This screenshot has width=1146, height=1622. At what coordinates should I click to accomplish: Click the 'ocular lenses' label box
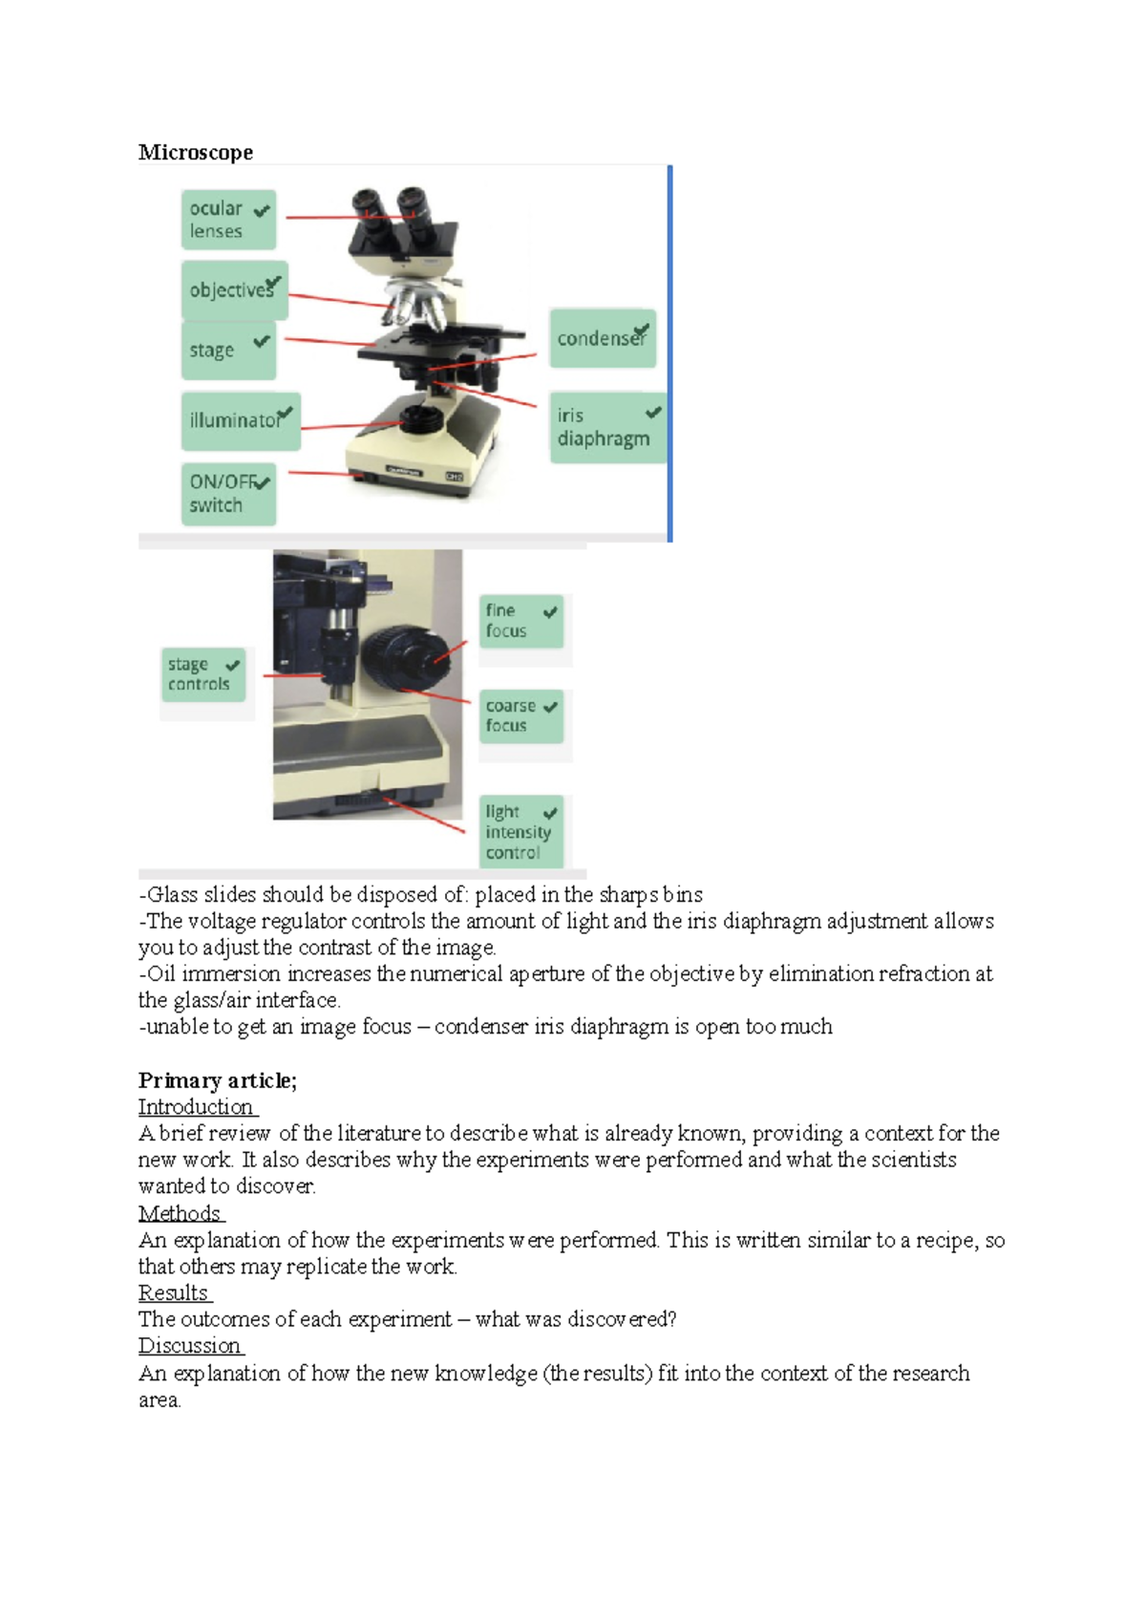pyautogui.click(x=228, y=220)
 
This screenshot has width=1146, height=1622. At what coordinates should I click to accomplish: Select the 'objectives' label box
pyautogui.click(x=234, y=290)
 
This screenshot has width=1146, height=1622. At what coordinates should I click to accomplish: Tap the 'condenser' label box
pyautogui.click(x=602, y=338)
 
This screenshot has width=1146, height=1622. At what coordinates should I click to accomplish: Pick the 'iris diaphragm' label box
pyautogui.click(x=606, y=427)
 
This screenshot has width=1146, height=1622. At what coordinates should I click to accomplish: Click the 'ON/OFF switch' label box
pyautogui.click(x=228, y=494)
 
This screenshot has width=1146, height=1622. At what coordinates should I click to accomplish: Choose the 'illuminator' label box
pyautogui.click(x=241, y=420)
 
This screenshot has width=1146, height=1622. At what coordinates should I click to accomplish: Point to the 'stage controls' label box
pyautogui.click(x=202, y=674)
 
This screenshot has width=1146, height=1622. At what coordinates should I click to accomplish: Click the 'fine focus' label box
pyautogui.click(x=520, y=621)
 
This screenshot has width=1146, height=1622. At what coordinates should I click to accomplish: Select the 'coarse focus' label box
pyautogui.click(x=520, y=715)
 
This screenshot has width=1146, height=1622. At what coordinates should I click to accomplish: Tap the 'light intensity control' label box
pyautogui.click(x=520, y=831)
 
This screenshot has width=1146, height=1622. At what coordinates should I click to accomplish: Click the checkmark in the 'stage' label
pyautogui.click(x=262, y=341)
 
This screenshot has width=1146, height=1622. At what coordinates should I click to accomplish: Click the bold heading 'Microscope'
pyautogui.click(x=196, y=153)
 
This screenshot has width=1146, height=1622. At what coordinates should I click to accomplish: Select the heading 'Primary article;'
pyautogui.click(x=218, y=1080)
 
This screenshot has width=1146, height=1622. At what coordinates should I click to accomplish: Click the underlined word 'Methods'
pyautogui.click(x=179, y=1213)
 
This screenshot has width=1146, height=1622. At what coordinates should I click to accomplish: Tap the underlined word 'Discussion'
pyautogui.click(x=189, y=1346)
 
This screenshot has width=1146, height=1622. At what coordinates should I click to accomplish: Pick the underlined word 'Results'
pyautogui.click(x=173, y=1293)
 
